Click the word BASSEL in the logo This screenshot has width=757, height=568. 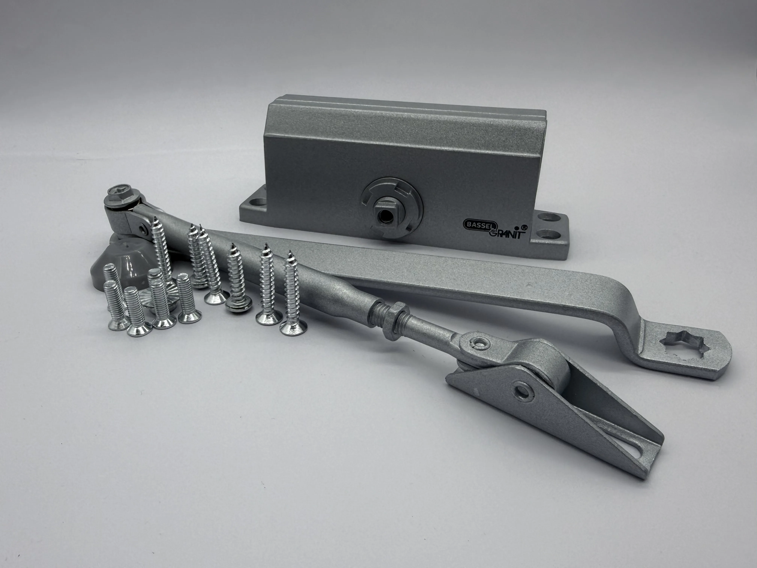(x=476, y=224)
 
